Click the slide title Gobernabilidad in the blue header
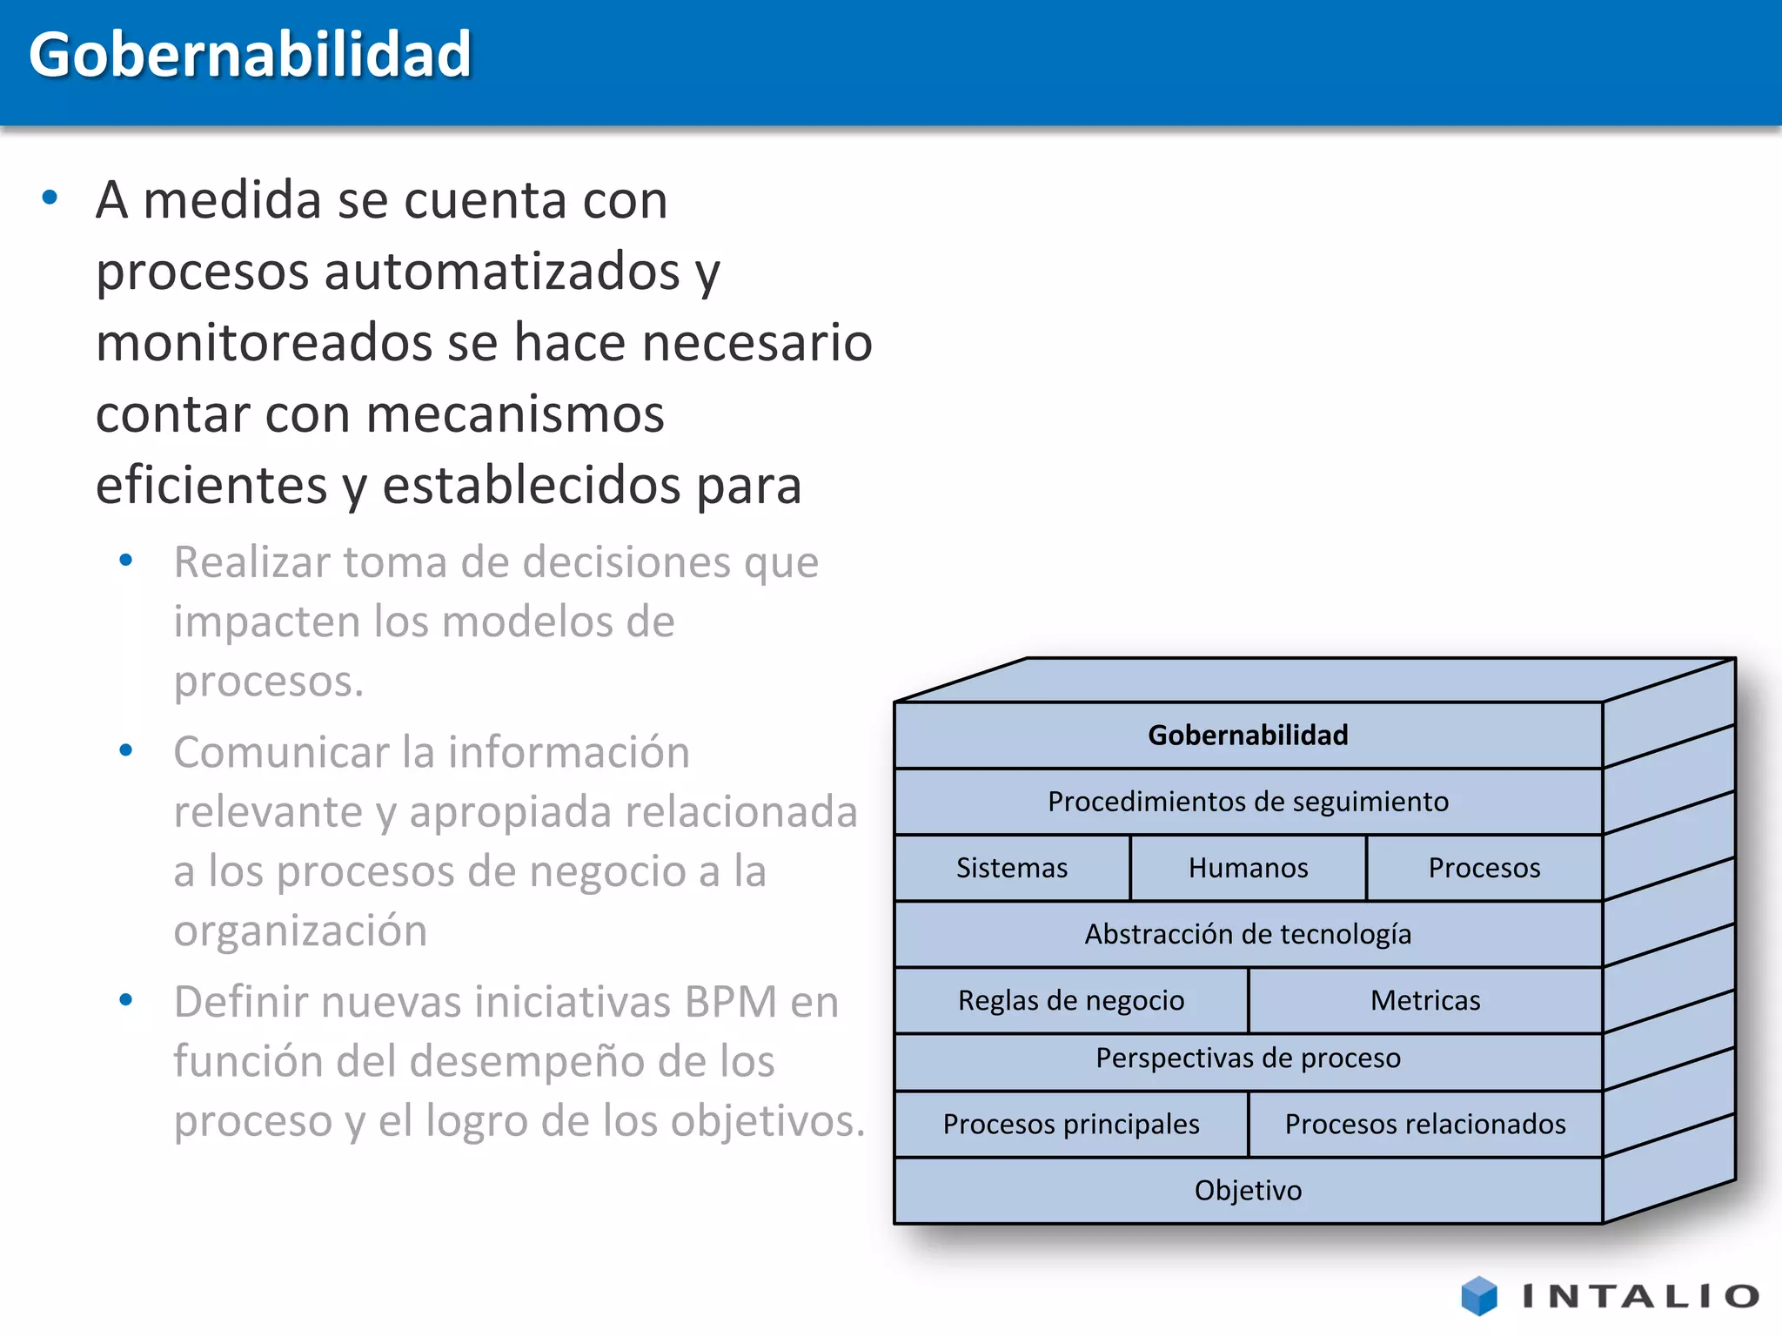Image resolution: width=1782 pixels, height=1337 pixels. point(250,55)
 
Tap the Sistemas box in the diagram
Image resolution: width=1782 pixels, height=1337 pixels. point(1012,868)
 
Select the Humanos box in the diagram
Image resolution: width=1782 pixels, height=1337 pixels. point(1248,868)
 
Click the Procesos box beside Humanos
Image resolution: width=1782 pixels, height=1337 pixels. point(1484,868)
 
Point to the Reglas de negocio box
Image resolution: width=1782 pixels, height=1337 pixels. point(1070,1000)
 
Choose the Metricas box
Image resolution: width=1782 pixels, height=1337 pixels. point(1425,1000)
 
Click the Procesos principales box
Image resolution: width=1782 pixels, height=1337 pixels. point(1070,1124)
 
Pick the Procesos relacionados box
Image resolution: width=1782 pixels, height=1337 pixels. point(1425,1124)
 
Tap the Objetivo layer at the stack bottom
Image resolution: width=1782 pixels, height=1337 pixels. point(1248,1190)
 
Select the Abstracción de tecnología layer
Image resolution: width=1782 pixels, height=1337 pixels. point(1248,934)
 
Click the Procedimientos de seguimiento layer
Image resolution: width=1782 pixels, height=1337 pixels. point(1248,802)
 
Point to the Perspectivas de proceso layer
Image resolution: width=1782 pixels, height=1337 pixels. point(1248,1058)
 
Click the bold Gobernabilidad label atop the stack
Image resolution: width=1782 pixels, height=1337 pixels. point(1248,736)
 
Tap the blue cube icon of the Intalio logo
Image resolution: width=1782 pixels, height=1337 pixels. point(1479,1296)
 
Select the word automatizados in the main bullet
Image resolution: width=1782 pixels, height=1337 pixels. point(502,272)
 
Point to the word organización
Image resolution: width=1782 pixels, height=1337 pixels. point(300,931)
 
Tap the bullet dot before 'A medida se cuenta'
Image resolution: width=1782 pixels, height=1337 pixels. point(50,198)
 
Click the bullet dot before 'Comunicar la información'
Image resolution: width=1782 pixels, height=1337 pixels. point(126,749)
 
